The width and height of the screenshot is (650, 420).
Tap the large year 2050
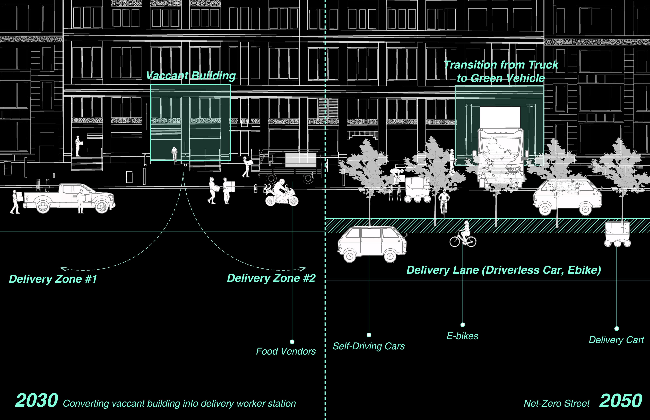(620, 401)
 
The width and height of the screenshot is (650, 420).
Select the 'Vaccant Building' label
(191, 76)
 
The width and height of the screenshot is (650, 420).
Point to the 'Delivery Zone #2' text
(271, 278)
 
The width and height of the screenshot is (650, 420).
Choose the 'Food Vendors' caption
(286, 351)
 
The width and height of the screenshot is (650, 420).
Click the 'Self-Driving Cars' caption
(368, 346)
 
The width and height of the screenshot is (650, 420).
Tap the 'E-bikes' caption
(462, 336)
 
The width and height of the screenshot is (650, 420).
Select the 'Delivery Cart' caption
(616, 340)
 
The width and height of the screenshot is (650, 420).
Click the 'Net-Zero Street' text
(557, 403)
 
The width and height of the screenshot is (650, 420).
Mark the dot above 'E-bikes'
(463, 324)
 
